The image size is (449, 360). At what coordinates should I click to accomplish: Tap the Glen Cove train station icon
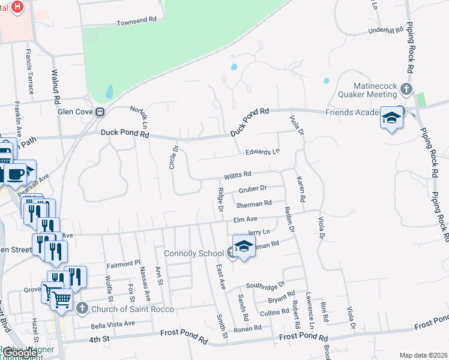tap(101, 111)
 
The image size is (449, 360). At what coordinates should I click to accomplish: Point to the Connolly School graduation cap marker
tap(244, 247)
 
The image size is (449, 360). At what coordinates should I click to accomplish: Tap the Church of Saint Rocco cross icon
tap(83, 309)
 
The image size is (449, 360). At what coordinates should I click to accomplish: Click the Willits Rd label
tap(237, 176)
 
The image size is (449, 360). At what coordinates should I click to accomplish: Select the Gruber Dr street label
tap(252, 190)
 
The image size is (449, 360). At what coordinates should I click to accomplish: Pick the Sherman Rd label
tap(254, 204)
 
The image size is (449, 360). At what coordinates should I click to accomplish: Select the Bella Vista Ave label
tap(113, 325)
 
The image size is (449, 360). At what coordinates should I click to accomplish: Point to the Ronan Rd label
tap(248, 328)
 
